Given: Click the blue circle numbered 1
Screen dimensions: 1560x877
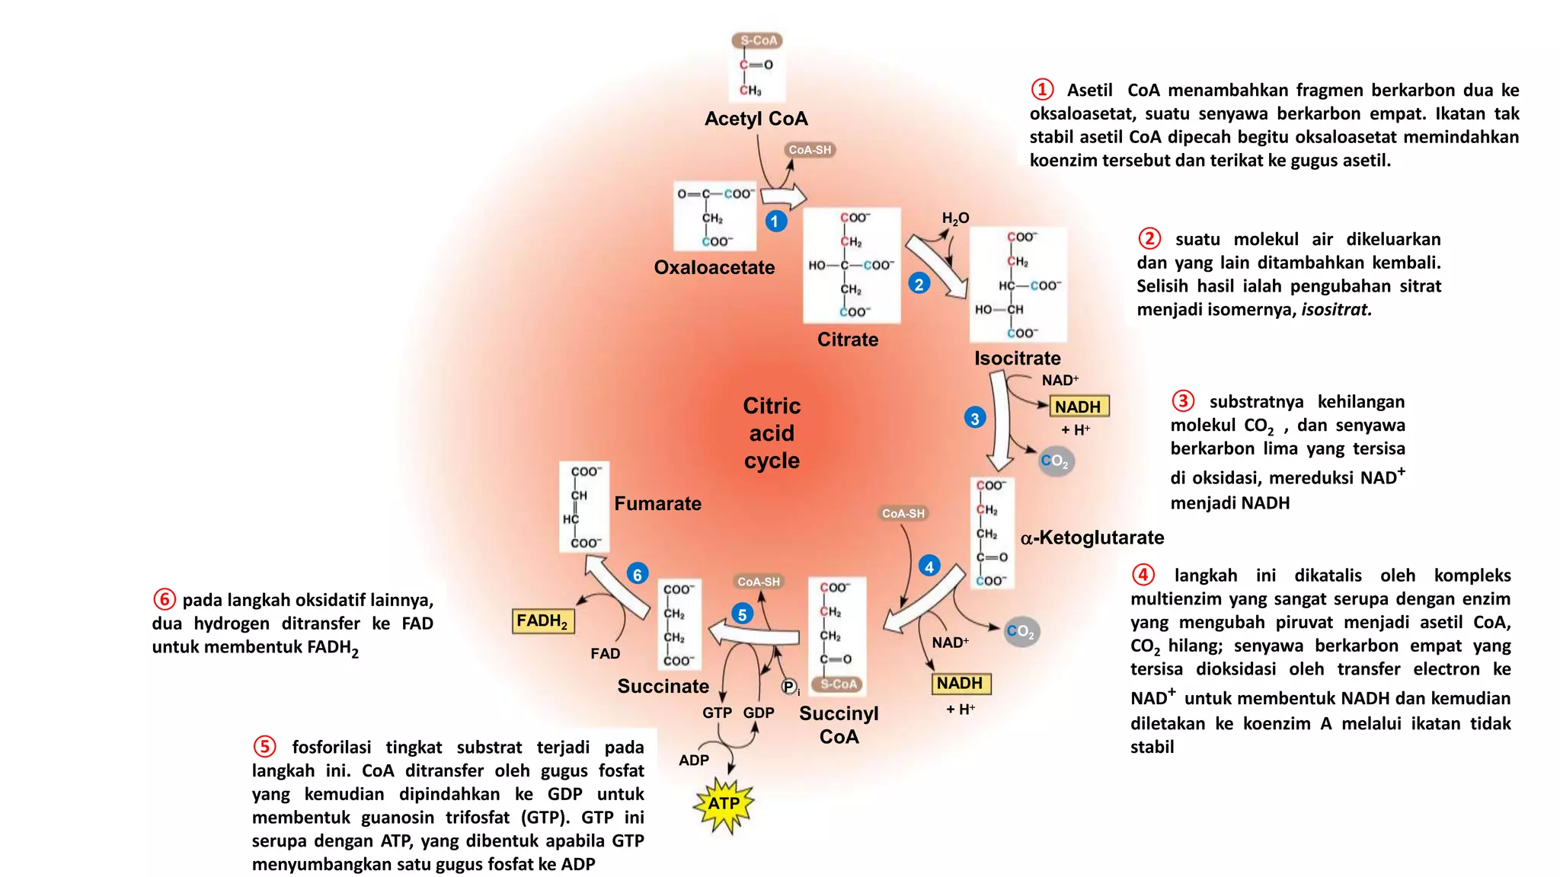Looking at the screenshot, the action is coord(775,221).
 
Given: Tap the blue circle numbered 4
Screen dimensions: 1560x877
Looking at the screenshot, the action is coord(929,566).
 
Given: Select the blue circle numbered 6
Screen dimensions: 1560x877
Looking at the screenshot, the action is coord(638,574).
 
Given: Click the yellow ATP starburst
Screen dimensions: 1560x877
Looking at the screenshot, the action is coord(724,805).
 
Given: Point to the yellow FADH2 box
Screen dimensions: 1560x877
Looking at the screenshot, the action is coord(542,621).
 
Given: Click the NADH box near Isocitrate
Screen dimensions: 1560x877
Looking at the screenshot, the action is coord(1079,407).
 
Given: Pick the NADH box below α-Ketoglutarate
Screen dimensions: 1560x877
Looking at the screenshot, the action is coord(961,684).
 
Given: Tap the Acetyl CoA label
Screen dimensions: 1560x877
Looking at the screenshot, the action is coord(756,119).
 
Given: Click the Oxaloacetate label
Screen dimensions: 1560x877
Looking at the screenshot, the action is coord(714,267).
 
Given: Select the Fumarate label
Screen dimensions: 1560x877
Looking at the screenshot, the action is coord(658,503).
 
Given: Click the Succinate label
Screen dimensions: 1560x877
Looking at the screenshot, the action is coord(663,686).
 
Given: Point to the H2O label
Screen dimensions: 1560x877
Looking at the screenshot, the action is coord(955,218).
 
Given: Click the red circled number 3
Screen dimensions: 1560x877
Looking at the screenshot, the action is coord(1182,400).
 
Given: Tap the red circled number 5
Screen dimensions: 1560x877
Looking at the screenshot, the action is coord(264,746).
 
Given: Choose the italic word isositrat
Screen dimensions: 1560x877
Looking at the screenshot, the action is coord(1336,310).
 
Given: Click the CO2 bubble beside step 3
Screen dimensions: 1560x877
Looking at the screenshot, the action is coord(1056,461).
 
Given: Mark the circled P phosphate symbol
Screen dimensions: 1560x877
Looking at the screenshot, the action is coord(789,687).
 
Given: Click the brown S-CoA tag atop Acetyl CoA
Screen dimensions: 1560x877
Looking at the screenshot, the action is coord(758,40).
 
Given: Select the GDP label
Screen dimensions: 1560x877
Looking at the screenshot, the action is coord(759,713).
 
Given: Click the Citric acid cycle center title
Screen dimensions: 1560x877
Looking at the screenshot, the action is coord(772,433).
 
